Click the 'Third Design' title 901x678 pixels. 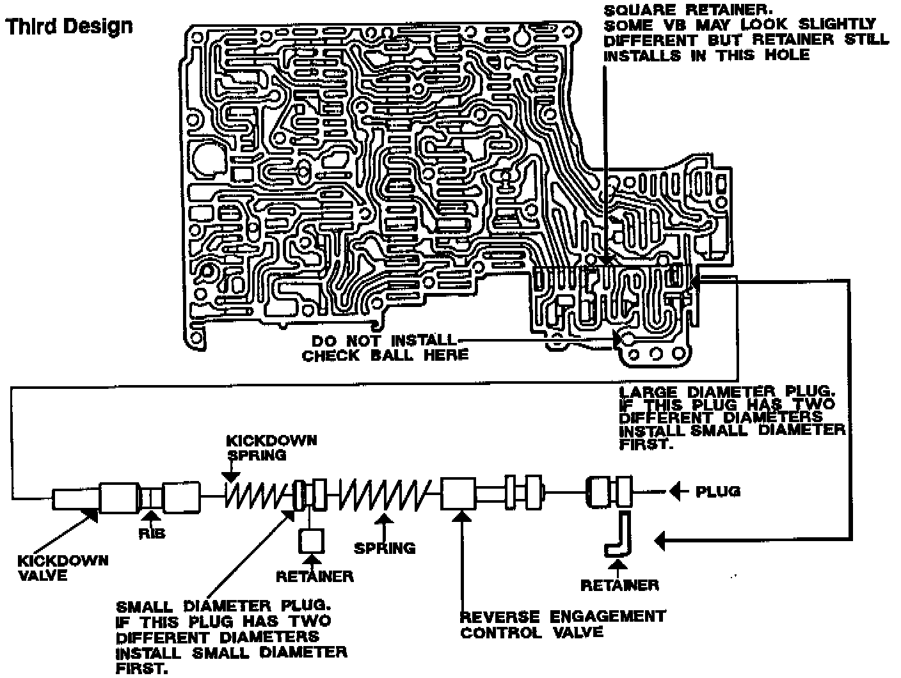click(x=69, y=27)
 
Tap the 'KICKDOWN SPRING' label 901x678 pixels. click(x=271, y=448)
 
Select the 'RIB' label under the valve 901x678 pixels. click(x=152, y=533)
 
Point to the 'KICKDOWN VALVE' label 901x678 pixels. click(x=63, y=567)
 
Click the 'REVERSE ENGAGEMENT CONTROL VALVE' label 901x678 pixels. click(x=563, y=624)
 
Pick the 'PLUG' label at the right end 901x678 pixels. click(x=718, y=491)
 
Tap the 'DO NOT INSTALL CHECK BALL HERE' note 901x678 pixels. click(x=385, y=347)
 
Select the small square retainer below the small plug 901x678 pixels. click(x=312, y=542)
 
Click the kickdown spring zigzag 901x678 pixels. click(x=252, y=494)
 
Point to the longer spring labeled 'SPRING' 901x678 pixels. click(x=385, y=494)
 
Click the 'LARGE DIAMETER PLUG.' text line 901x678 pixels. click(x=727, y=391)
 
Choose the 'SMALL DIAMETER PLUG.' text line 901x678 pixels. click(x=223, y=605)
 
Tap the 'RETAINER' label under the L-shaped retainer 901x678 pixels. click(x=619, y=585)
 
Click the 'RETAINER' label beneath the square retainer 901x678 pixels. click(x=314, y=576)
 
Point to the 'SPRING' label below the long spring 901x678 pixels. click(x=385, y=548)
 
